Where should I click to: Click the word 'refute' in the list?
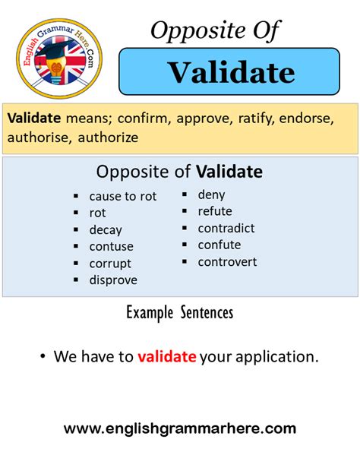[x=215, y=211]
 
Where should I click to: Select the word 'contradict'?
[x=226, y=228]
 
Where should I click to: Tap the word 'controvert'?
[x=227, y=262]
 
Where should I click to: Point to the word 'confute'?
[x=219, y=245]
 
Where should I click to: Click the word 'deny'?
[x=211, y=195]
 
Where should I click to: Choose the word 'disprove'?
[x=113, y=280]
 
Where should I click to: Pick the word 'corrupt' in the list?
[x=110, y=264]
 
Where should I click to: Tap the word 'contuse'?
[x=112, y=247]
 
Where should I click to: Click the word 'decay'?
[x=106, y=230]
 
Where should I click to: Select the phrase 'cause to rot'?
[x=123, y=197]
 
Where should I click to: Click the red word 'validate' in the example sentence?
[x=167, y=356]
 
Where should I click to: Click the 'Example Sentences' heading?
[x=180, y=312]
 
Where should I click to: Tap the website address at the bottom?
[x=180, y=428]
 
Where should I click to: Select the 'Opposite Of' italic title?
[x=215, y=30]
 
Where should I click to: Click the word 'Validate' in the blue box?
[x=232, y=72]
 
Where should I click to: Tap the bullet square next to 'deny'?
[x=185, y=194]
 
